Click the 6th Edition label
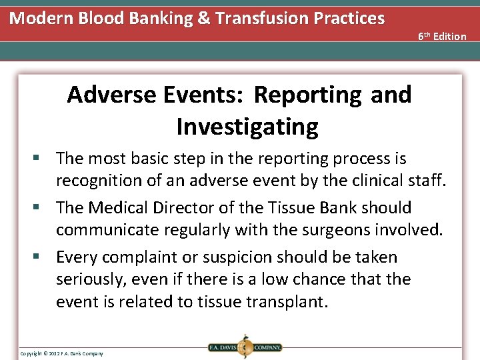[442, 36]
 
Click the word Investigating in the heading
[247, 126]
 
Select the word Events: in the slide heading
[203, 95]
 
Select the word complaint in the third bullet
[145, 257]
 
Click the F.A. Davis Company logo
[245, 347]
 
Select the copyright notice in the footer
[61, 353]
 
